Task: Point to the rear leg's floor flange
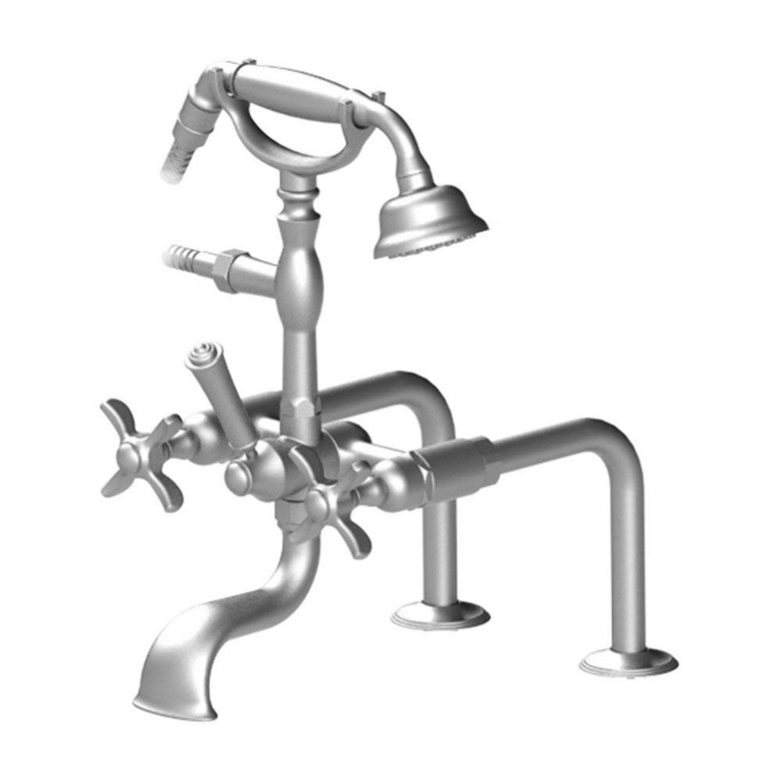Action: point(440,614)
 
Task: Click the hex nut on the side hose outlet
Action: point(230,269)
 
